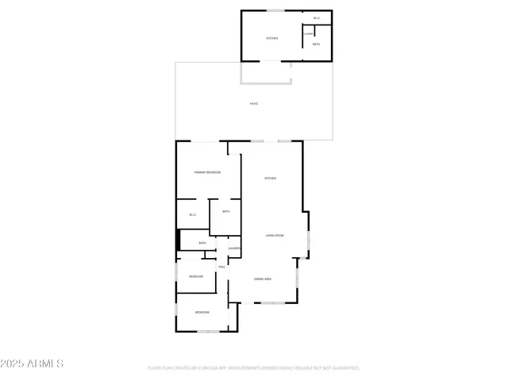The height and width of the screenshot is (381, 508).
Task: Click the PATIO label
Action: coord(254,104)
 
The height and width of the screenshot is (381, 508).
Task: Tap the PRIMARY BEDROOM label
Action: coord(207,172)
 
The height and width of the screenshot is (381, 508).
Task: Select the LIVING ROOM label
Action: coord(275,236)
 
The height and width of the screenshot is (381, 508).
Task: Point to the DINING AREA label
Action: coord(263,279)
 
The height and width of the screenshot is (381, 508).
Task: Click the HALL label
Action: coord(221,267)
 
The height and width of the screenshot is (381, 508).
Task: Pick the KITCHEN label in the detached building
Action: coord(271,38)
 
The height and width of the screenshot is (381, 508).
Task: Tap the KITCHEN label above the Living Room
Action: coord(270,178)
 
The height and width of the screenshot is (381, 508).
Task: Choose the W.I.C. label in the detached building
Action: coord(317,18)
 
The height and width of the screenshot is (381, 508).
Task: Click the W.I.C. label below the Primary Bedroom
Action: coord(192,215)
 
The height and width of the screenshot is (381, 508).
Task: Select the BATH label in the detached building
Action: coord(316,44)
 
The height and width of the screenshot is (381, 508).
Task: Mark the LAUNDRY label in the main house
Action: coord(234,248)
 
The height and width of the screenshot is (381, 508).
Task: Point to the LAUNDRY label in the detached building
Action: coord(307,33)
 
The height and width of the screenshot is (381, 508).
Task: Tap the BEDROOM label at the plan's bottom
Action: coord(202,312)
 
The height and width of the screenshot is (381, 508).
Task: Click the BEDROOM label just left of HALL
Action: coord(196,275)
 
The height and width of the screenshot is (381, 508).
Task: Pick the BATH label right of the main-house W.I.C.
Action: coord(226,211)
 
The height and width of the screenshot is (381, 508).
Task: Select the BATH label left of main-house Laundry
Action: coord(202,243)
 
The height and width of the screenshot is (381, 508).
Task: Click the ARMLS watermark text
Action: coord(33,364)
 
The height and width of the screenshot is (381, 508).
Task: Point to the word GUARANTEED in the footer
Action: coord(344,368)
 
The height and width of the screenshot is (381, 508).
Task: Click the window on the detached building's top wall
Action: coord(275,10)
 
